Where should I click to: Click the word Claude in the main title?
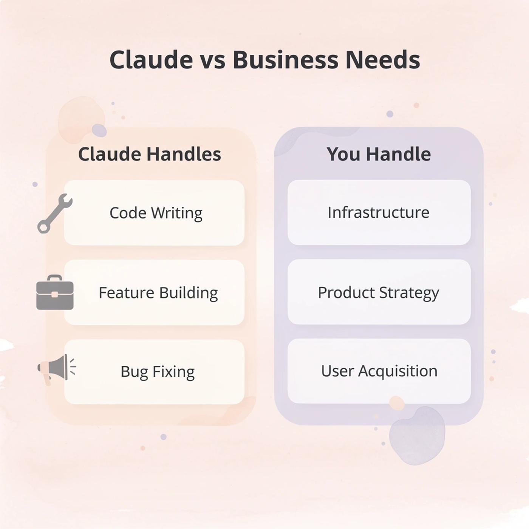click(x=151, y=60)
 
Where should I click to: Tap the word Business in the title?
click(x=285, y=60)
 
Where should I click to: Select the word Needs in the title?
click(x=382, y=60)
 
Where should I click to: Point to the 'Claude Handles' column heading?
click(x=149, y=154)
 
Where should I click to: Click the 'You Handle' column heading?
click(x=379, y=154)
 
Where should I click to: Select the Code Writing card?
click(x=154, y=213)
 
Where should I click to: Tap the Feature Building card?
click(x=154, y=292)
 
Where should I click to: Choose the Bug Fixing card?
click(x=154, y=371)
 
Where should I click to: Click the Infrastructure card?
click(x=379, y=212)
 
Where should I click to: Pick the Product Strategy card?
click(x=379, y=292)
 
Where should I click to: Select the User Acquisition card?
click(x=379, y=371)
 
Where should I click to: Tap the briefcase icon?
click(x=55, y=293)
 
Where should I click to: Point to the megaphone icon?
click(x=56, y=368)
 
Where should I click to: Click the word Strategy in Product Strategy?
click(x=409, y=293)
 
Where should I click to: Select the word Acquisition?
click(x=398, y=371)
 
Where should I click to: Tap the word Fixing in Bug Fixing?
click(x=173, y=372)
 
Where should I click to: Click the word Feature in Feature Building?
click(x=127, y=292)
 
